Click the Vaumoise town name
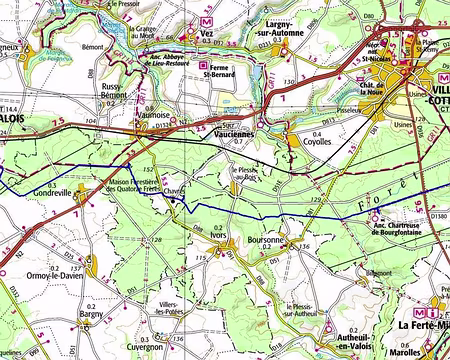pos(152,116)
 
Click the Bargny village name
pos(91,314)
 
